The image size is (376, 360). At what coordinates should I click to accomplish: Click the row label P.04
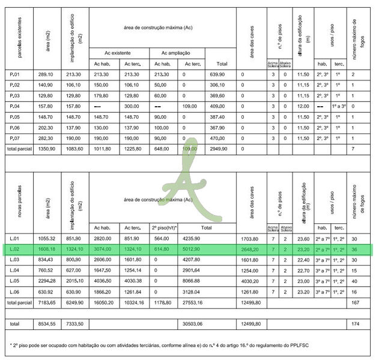(16, 106)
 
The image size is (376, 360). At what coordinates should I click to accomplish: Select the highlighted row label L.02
(16, 249)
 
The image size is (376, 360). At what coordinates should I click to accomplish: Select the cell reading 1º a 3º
(339, 106)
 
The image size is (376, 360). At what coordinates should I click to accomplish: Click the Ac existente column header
(117, 53)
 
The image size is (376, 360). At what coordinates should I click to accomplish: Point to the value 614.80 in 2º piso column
(163, 249)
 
